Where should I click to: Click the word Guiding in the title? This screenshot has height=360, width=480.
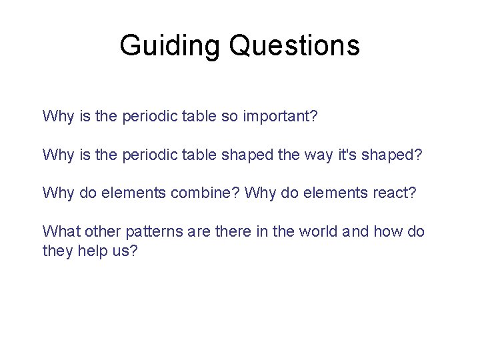[x=170, y=45]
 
